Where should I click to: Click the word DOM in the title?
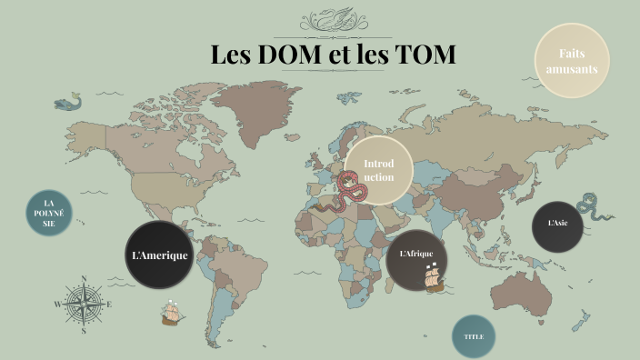[289, 54]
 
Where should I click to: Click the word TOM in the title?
[425, 54]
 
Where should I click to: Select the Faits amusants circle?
[571, 61]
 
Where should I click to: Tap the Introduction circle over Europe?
[378, 170]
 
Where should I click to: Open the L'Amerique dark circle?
[160, 255]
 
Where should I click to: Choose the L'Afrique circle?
[416, 254]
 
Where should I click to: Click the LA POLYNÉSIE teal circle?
[49, 213]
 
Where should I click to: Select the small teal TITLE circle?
[474, 336]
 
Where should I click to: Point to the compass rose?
[84, 305]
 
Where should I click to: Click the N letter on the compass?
[84, 279]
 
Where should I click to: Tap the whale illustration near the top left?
[68, 102]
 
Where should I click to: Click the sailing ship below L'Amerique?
[173, 314]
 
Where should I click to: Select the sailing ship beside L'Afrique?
[435, 277]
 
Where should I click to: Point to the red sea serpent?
[351, 192]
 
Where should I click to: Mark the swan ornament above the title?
[334, 19]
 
